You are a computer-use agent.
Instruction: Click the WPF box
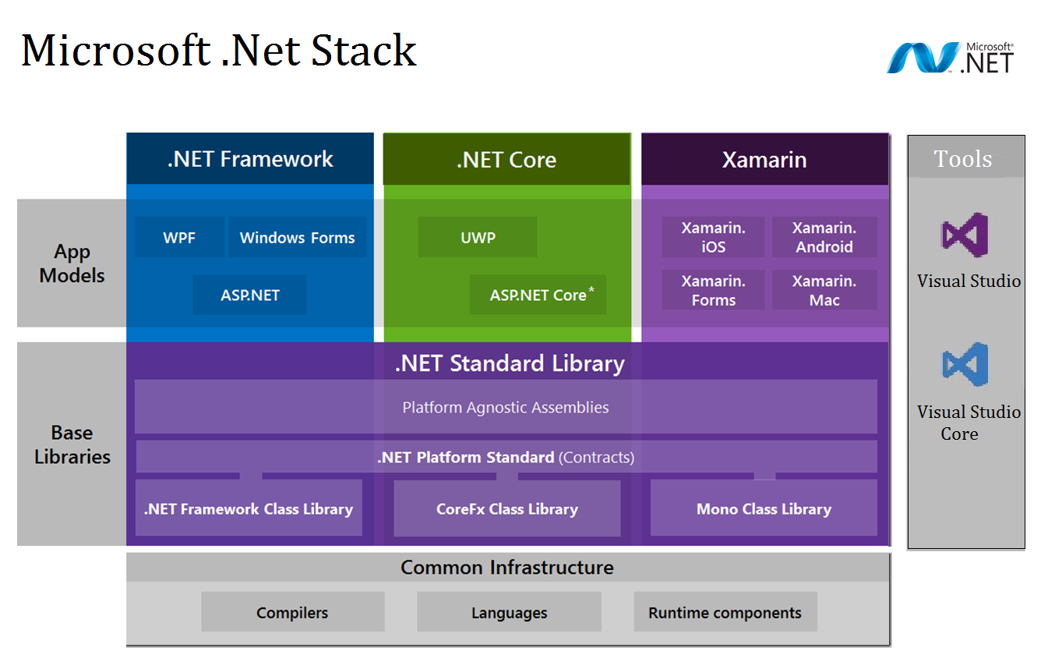point(179,237)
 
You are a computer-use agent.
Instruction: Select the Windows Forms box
point(297,237)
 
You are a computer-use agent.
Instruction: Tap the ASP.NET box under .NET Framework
point(249,295)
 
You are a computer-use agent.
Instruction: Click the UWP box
point(478,237)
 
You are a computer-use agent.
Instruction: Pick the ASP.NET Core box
point(538,295)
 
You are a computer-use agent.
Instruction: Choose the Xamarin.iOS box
point(713,237)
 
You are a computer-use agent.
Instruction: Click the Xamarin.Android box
point(824,237)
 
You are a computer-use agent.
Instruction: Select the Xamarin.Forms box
point(713,290)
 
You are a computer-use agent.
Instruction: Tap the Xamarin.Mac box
point(824,290)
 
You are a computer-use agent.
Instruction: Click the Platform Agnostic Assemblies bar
point(506,407)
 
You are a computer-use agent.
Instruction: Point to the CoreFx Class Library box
point(506,508)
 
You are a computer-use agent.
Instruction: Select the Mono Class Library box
point(764,508)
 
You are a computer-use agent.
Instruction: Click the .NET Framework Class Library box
point(249,508)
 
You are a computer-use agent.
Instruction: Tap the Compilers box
point(292,611)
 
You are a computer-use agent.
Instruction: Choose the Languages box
point(509,611)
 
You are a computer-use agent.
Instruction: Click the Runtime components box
point(725,611)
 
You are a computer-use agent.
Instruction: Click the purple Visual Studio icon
point(965,235)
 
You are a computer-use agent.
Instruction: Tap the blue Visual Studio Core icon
point(965,364)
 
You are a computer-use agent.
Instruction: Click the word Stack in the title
point(364,51)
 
